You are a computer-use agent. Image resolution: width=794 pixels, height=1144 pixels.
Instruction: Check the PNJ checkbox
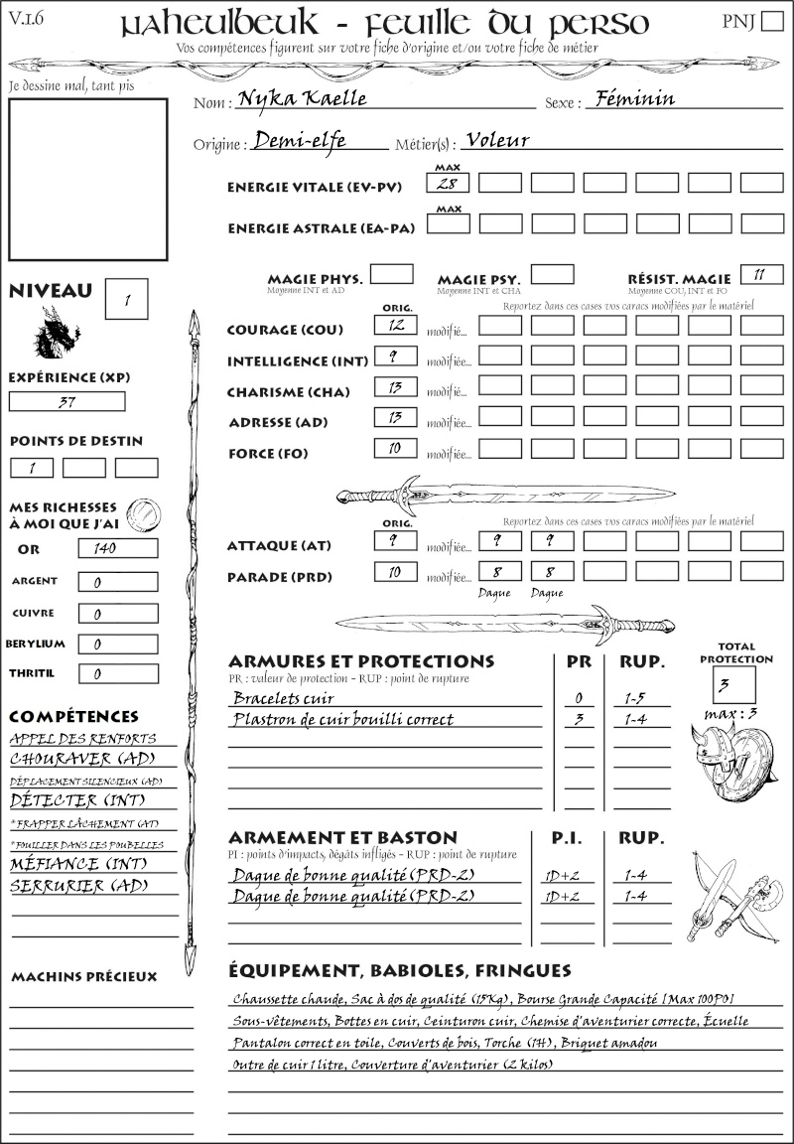coord(770,22)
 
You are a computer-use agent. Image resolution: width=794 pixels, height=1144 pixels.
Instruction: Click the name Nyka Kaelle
coord(296,99)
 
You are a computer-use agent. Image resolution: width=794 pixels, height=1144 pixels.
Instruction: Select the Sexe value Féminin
coord(630,98)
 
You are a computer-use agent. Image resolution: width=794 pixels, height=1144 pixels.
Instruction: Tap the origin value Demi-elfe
coord(300,141)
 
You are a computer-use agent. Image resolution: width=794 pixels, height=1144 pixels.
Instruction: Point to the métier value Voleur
coord(497,140)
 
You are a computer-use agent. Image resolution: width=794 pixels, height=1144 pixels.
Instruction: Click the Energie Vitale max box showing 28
coord(449,183)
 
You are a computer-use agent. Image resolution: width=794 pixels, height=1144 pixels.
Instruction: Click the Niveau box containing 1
coord(128,298)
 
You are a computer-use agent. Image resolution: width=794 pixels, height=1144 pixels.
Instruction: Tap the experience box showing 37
coord(67,402)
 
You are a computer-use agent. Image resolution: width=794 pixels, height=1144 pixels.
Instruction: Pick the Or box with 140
coord(117,548)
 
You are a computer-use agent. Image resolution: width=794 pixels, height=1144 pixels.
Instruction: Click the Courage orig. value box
coord(395,325)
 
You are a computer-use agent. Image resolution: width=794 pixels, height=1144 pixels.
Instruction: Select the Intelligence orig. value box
coord(395,356)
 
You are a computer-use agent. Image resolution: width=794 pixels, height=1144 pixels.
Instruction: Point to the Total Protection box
coord(734,684)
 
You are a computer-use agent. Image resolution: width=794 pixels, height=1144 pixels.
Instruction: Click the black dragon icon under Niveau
coord(57,334)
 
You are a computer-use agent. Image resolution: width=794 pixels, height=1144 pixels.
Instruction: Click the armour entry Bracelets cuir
coord(284,699)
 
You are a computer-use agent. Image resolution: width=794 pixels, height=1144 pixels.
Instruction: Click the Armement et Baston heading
coord(342,837)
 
